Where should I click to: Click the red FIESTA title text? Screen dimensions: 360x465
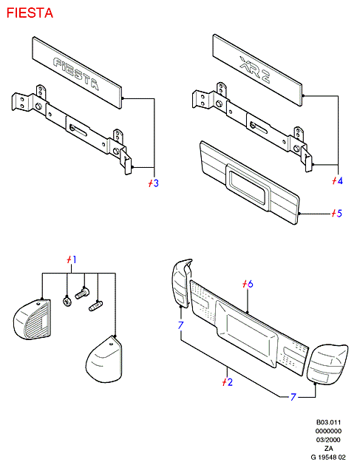[30, 13]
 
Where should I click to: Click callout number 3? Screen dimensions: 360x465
[156, 183]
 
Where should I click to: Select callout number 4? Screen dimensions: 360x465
[340, 180]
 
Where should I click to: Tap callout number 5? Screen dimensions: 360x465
[339, 213]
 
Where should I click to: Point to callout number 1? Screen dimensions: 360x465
[74, 259]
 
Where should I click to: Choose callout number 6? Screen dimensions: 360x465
[250, 284]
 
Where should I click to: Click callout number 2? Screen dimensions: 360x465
[229, 382]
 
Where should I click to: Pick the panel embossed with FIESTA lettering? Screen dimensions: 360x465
[77, 72]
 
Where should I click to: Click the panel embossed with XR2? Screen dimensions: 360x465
[257, 70]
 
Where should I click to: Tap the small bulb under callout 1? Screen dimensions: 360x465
[95, 306]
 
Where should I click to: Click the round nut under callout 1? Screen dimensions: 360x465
[67, 302]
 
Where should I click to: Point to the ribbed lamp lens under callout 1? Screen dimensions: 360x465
[33, 319]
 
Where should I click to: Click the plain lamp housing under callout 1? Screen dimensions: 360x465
[104, 359]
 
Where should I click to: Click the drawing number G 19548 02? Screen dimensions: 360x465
[328, 457]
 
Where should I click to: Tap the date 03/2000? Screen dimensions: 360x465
[328, 440]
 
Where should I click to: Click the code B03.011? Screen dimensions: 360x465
[328, 422]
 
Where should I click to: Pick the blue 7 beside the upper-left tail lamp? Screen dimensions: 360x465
[181, 325]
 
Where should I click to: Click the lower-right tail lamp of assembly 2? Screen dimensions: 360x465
[327, 364]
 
